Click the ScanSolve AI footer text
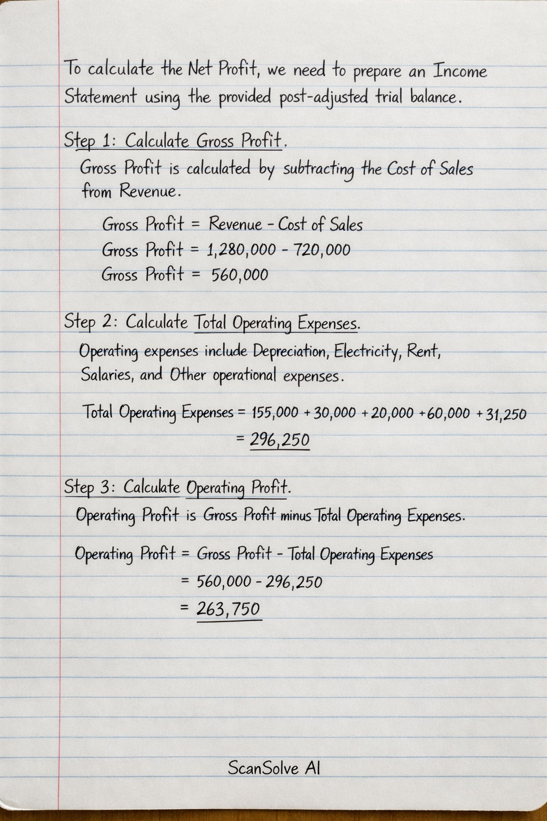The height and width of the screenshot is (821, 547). [x=274, y=768]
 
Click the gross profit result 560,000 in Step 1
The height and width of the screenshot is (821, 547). [x=239, y=275]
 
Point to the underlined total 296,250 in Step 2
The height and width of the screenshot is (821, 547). [x=280, y=440]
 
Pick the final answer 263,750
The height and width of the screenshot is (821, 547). [x=229, y=609]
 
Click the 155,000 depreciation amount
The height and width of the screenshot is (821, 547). [x=275, y=413]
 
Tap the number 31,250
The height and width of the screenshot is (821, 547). [x=506, y=414]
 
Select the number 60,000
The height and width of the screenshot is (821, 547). [x=449, y=413]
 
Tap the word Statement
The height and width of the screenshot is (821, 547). [x=100, y=97]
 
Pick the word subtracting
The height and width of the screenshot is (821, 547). [x=318, y=169]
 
